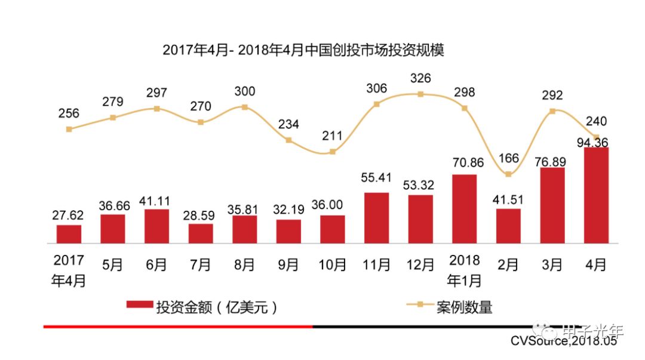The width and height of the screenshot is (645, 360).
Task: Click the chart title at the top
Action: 304,50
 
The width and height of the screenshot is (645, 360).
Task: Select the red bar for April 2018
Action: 596,195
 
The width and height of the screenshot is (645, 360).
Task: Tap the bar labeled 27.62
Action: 69,234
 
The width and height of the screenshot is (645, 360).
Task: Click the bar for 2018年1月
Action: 464,209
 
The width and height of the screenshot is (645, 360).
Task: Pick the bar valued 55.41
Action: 376,218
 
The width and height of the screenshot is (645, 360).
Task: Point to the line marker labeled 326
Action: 420,94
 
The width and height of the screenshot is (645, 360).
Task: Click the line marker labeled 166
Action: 508,174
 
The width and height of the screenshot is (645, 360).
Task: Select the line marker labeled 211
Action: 333,152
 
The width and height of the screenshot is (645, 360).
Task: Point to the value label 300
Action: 244,91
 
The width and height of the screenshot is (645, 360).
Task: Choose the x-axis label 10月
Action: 332,264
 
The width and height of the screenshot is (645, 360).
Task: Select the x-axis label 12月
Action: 420,264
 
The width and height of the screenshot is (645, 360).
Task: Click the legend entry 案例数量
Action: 465,307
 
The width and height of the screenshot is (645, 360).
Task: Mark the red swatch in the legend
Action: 139,305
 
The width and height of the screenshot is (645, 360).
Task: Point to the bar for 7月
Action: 201,233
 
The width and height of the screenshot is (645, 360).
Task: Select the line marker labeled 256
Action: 69,129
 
